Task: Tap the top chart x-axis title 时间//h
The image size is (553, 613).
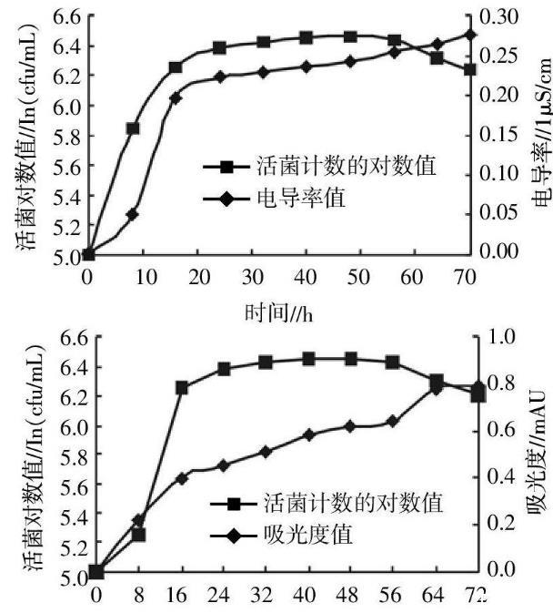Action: pos(278,312)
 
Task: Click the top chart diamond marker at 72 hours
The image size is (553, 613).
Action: pos(469,35)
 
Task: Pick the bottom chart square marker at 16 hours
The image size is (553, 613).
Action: pos(182,387)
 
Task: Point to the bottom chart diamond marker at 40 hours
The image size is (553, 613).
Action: pos(308,434)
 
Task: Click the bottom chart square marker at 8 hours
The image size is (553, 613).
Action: pos(139,534)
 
